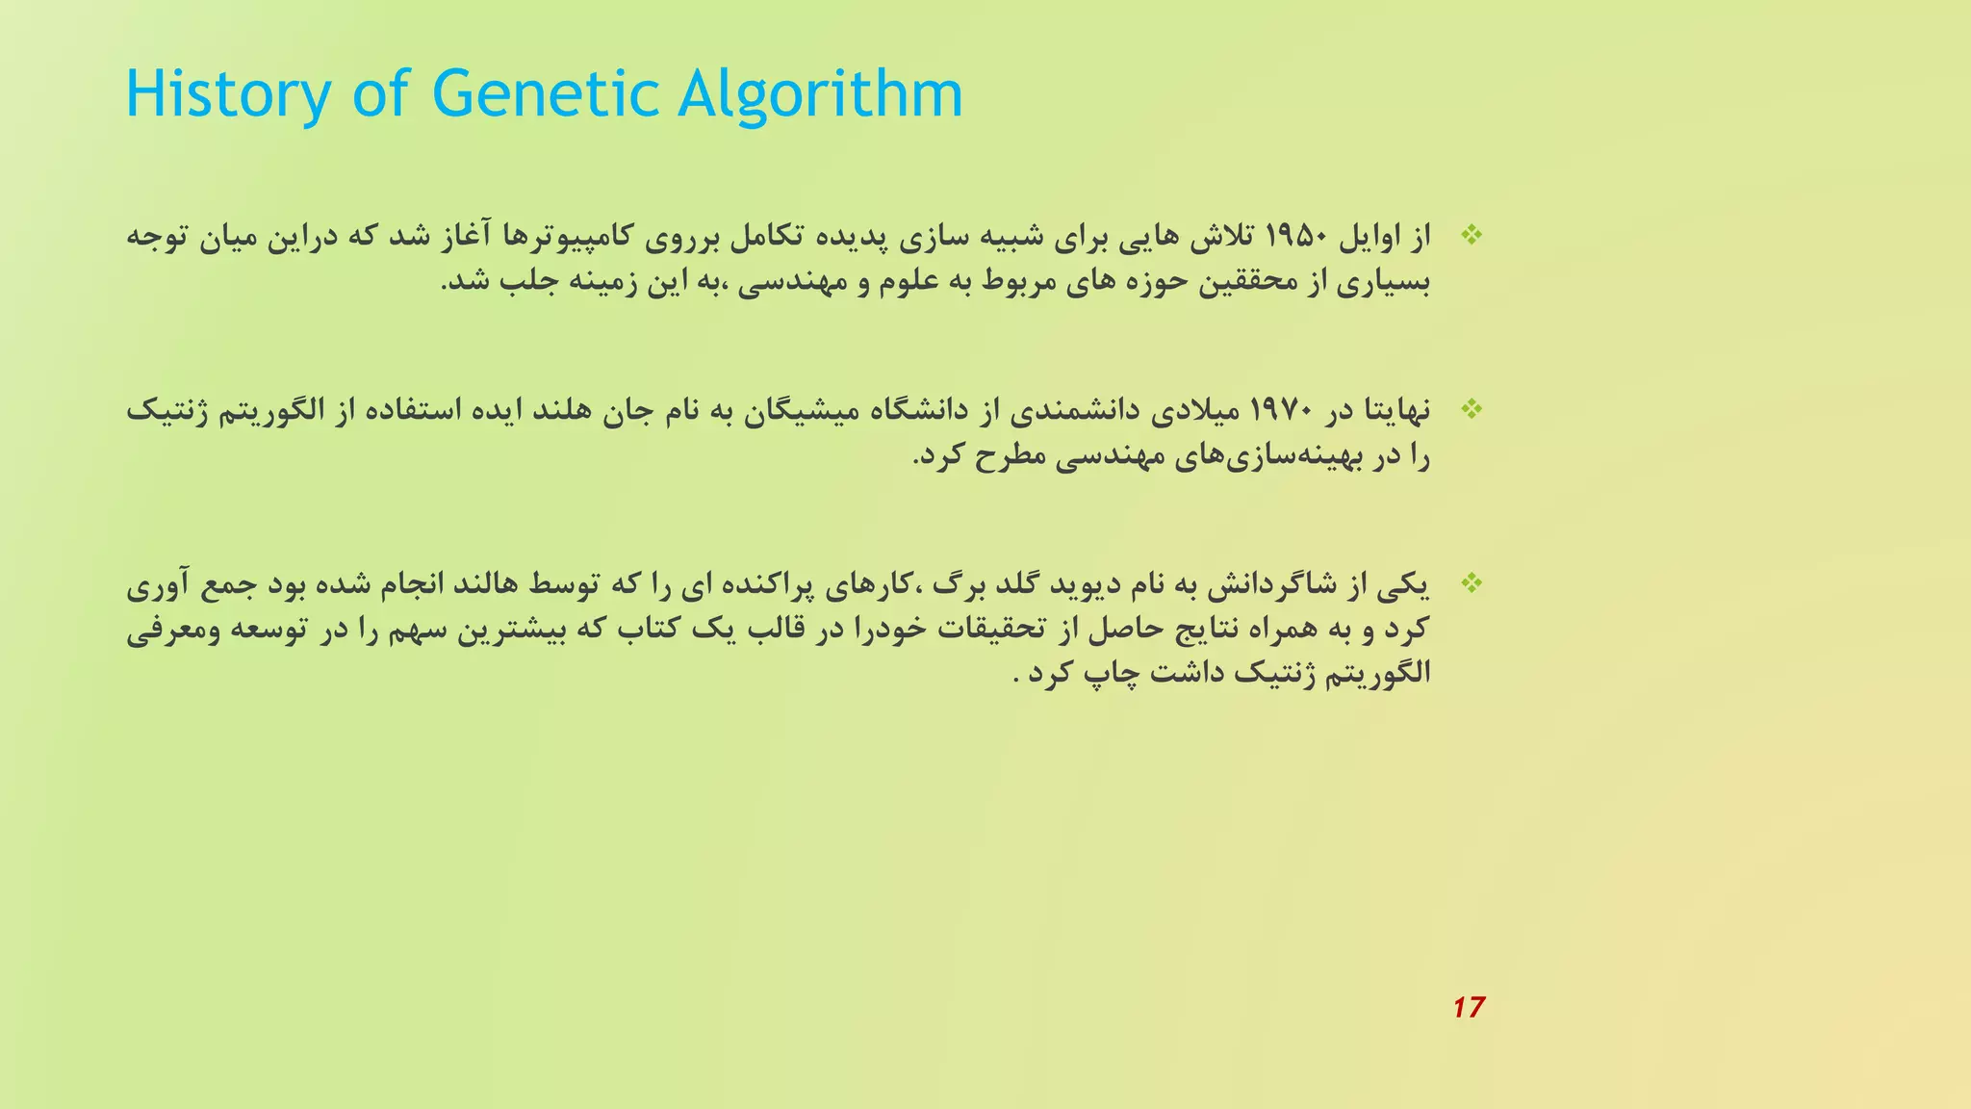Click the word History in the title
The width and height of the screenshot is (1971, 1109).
228,94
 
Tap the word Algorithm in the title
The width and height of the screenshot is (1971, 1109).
820,94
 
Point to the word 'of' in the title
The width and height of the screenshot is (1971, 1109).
381,94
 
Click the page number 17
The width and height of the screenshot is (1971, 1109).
1469,1007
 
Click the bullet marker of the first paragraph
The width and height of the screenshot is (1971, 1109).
1471,234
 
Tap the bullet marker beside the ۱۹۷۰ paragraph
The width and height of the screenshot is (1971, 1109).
1471,409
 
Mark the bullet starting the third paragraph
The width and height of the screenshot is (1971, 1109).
1471,582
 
